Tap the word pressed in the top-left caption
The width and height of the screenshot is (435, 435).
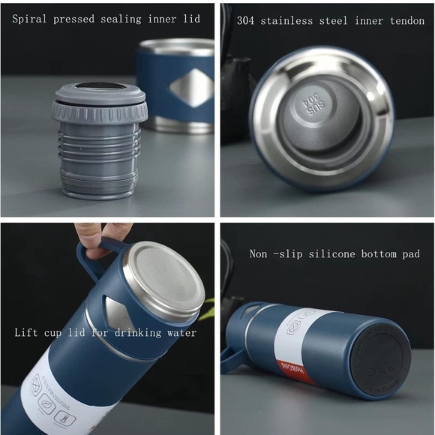pos(75,19)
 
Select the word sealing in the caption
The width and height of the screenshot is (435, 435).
pos(123,19)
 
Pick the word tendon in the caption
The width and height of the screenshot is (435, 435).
pos(406,20)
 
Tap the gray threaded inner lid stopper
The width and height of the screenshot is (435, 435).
pos(99,142)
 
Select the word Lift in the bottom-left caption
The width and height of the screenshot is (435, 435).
pos(28,332)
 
